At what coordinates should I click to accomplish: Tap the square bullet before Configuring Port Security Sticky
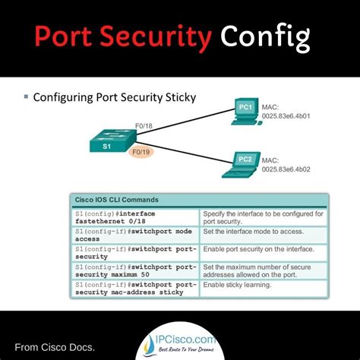(27, 96)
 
